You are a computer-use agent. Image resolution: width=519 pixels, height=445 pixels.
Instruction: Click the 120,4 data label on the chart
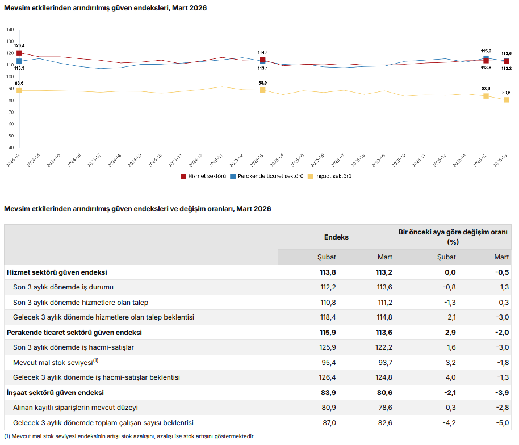[19, 45]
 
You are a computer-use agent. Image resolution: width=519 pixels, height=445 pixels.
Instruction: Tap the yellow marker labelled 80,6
[506, 100]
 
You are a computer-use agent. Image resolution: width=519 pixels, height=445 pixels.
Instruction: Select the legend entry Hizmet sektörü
[203, 177]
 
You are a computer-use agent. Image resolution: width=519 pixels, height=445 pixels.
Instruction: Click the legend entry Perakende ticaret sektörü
[266, 177]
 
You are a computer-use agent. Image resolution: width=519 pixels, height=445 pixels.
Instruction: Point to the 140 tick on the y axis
[10, 30]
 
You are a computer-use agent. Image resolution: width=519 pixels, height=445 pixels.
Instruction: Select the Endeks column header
[336, 237]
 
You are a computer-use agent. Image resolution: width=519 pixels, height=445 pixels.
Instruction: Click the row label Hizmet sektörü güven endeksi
[57, 272]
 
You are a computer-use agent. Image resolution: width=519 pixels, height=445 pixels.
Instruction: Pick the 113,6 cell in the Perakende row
[384, 333]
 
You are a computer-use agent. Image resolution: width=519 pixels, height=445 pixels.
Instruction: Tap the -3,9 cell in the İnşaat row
[501, 393]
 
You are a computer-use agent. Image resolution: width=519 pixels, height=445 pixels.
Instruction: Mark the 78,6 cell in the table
[384, 408]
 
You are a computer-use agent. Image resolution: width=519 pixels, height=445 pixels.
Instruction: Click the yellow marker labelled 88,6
[19, 91]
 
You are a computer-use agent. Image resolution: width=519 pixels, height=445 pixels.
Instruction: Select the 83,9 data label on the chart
[486, 89]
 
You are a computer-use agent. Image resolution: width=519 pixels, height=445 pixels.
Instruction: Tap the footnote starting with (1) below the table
[129, 436]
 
